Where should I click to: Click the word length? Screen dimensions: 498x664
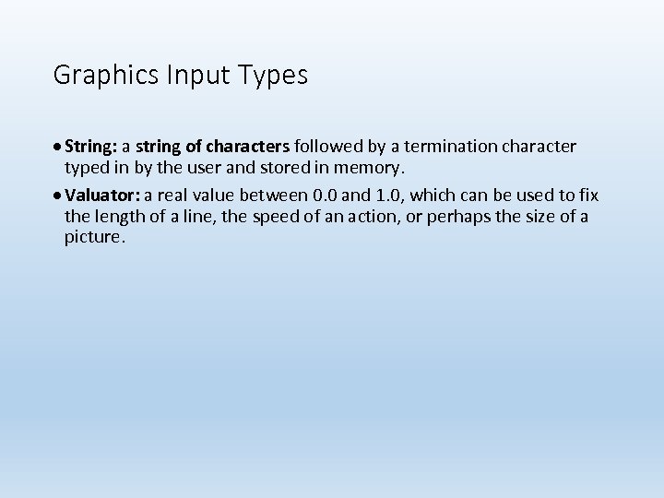point(118,217)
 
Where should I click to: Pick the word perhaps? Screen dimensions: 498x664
point(456,217)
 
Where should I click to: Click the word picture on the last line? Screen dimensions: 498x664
point(93,237)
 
